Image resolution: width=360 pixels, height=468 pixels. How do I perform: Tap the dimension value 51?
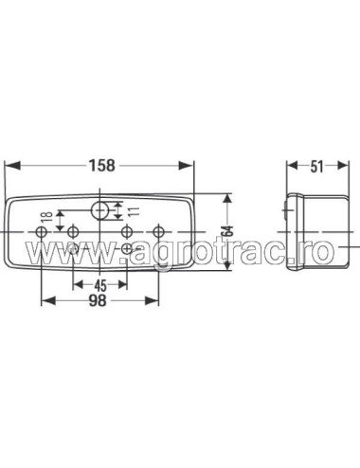click(315, 166)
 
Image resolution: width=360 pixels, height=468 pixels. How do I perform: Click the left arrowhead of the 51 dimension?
click(290, 166)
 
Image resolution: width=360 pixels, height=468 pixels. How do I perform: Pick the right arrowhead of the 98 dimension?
click(157, 300)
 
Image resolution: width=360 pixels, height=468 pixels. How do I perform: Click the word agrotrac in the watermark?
click(203, 252)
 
